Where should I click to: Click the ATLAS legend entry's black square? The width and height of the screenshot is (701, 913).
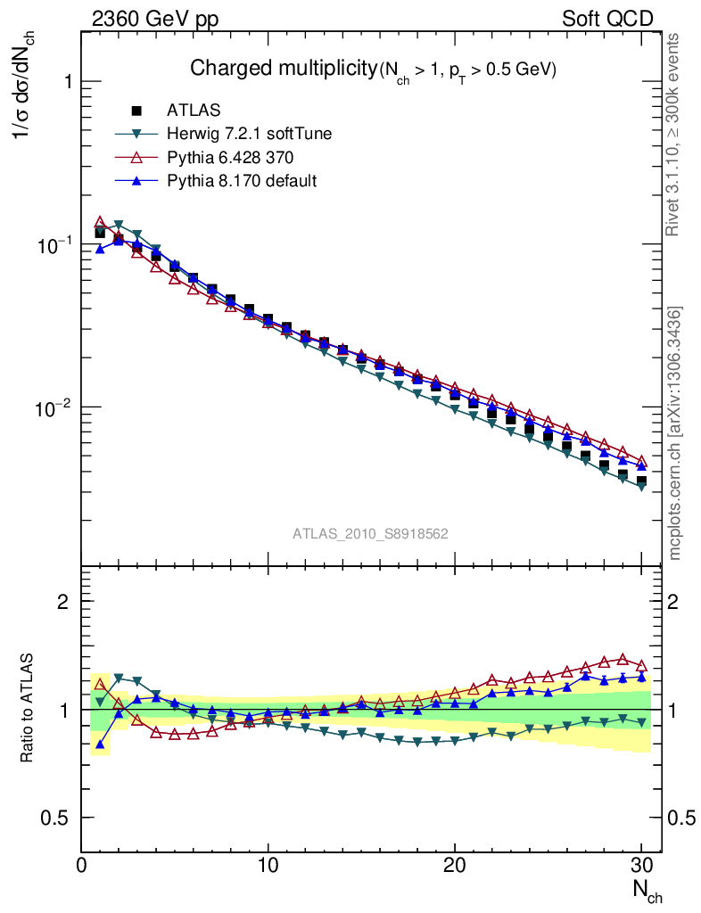(x=136, y=111)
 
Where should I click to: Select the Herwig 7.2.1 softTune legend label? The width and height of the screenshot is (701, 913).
(x=250, y=135)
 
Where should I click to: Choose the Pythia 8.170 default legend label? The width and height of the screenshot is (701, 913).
(x=242, y=181)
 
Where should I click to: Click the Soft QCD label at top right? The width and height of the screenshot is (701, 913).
(x=607, y=19)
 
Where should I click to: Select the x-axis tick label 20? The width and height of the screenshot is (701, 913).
(x=455, y=865)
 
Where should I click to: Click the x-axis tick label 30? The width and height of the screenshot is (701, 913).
(x=641, y=865)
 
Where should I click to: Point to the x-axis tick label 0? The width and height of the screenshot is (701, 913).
(x=82, y=865)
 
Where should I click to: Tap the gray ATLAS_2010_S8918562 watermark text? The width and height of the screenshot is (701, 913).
(x=370, y=533)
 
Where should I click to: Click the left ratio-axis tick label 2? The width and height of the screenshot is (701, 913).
(x=62, y=602)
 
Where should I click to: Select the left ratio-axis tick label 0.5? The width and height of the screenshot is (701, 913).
(x=55, y=818)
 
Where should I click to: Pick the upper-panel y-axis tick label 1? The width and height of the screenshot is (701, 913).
(x=64, y=82)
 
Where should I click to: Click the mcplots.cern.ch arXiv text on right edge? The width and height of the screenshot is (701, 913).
(x=675, y=432)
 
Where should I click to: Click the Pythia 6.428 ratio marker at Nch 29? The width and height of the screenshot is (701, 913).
(x=623, y=659)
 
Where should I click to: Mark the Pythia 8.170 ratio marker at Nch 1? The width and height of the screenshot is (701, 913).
(x=101, y=744)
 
